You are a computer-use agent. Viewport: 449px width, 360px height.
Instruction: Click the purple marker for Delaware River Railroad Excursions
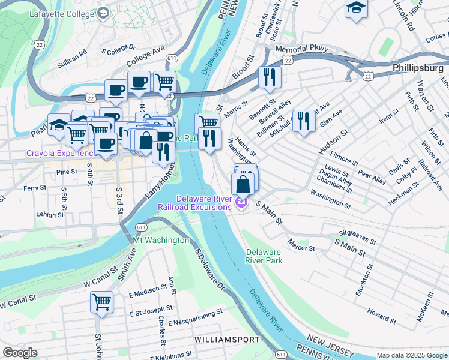(x=241, y=205)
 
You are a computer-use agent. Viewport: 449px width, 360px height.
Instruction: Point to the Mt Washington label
(x=161, y=240)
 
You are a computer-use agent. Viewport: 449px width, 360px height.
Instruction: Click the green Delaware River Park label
(x=264, y=256)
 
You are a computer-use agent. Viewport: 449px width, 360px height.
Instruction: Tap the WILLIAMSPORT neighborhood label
(x=225, y=340)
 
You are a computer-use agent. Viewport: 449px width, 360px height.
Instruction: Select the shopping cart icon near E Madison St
(x=101, y=301)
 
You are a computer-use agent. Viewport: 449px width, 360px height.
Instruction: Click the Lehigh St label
(x=50, y=214)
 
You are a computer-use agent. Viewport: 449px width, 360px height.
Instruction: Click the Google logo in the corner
(x=20, y=353)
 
